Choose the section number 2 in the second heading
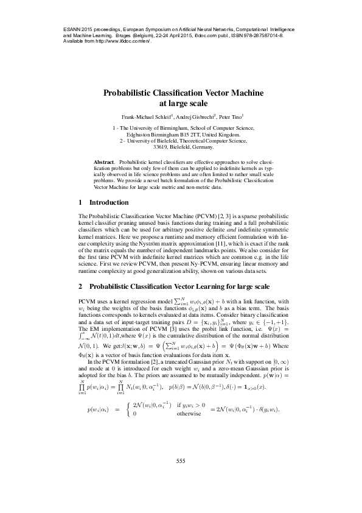[x=82, y=286]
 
